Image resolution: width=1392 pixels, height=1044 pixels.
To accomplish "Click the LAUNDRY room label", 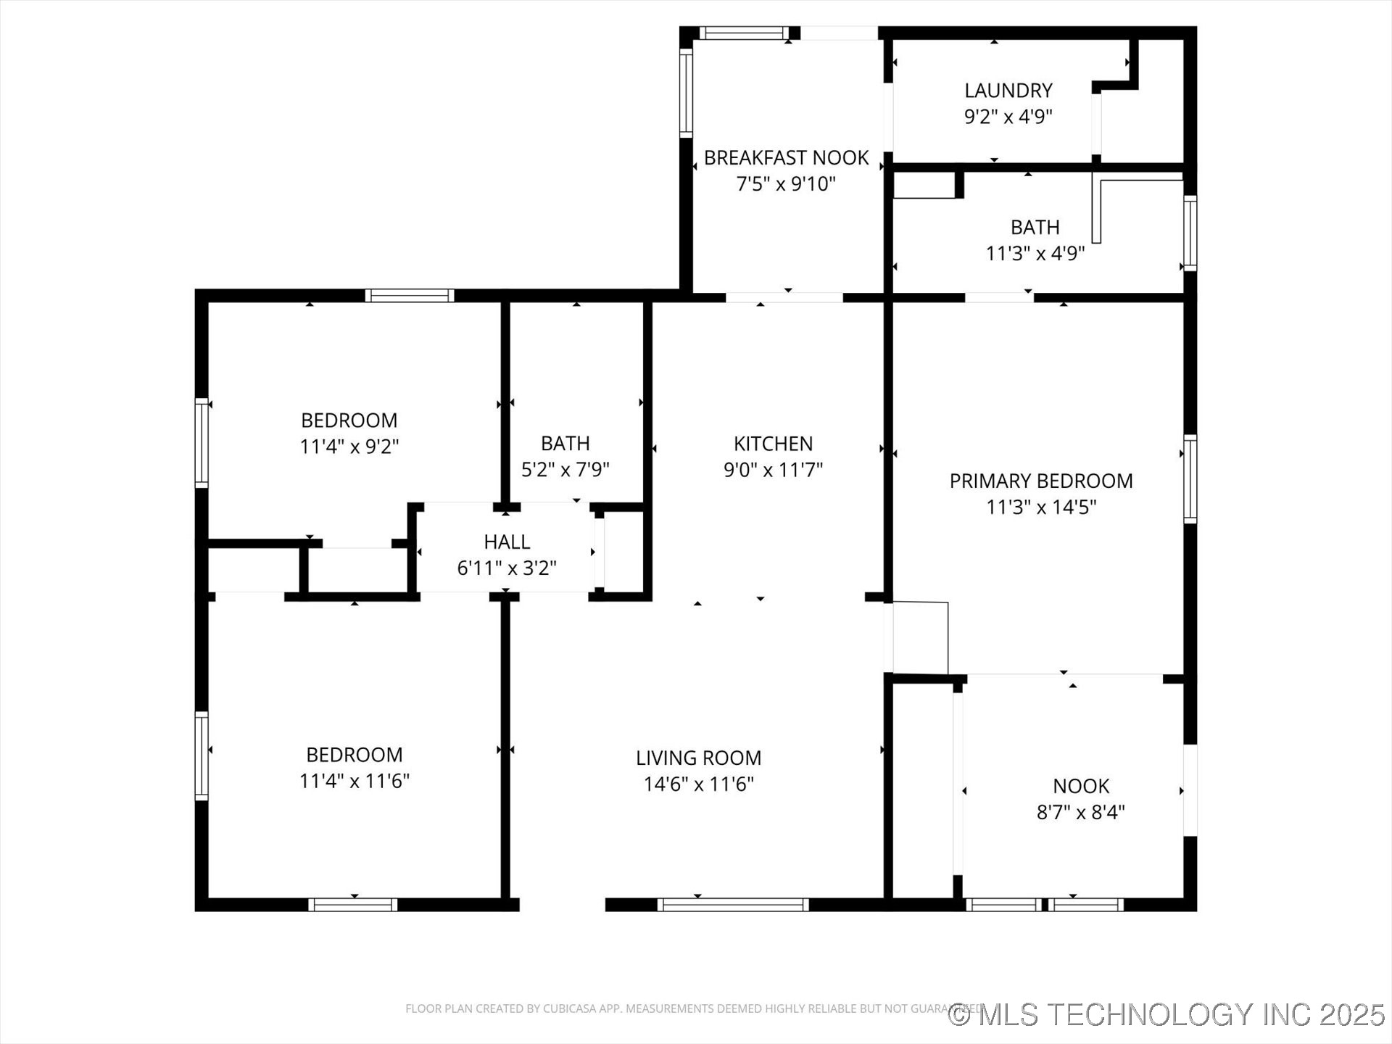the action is (1008, 91).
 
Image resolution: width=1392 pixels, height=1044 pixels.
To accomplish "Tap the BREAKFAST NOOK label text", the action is (786, 158).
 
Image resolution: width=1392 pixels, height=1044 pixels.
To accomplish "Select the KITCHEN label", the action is (773, 444).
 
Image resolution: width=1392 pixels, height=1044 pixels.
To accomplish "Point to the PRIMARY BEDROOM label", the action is (1041, 481).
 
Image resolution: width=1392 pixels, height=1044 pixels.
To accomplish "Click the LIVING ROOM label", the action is (698, 758).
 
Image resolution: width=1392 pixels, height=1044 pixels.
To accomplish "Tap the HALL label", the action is (507, 542).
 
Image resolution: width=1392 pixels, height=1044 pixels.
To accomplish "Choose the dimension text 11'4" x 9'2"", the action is (349, 447).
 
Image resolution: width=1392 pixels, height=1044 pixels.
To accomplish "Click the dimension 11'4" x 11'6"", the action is (355, 781).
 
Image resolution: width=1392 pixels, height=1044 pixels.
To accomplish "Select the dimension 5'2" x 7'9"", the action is (565, 470).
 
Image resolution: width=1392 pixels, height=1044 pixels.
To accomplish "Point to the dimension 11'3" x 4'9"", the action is (1035, 254).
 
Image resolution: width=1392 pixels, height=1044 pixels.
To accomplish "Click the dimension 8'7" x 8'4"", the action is (1080, 812).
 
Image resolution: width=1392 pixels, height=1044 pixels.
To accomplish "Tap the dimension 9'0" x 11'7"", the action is (773, 470).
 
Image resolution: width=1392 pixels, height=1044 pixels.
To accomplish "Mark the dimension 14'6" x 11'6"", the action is (699, 784).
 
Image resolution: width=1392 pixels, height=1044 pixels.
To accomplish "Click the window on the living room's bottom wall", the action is (733, 905).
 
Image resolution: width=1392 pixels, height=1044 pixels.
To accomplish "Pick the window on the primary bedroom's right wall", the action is (1190, 478).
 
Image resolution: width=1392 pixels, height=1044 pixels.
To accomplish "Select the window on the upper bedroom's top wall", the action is (410, 296).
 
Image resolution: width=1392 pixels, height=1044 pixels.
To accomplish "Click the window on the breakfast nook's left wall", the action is (686, 93).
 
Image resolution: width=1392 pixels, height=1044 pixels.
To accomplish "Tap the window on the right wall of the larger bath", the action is (1190, 233).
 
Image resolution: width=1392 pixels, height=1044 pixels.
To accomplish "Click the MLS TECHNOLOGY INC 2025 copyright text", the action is (1167, 1014).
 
